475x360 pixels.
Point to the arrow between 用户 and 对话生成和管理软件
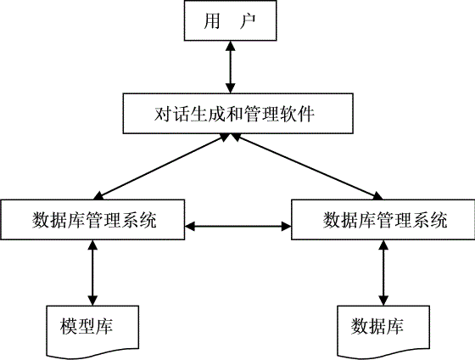coord(231,67)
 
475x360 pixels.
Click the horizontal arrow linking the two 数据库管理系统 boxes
coord(237,226)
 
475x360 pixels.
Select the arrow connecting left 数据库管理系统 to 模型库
coord(92,273)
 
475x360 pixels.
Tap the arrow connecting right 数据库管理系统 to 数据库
coord(383,273)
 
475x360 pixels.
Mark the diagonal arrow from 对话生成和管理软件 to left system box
coord(162,166)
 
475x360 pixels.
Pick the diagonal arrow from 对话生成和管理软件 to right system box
coord(307,166)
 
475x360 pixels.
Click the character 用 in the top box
coord(211,21)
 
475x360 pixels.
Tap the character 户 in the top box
coord(248,21)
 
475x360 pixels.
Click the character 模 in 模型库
coord(69,326)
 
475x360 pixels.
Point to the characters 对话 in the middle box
coord(171,114)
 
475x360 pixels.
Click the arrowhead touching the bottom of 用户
coord(231,46)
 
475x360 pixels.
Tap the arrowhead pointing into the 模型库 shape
coord(92,301)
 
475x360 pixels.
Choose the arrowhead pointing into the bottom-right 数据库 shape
coord(383,301)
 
